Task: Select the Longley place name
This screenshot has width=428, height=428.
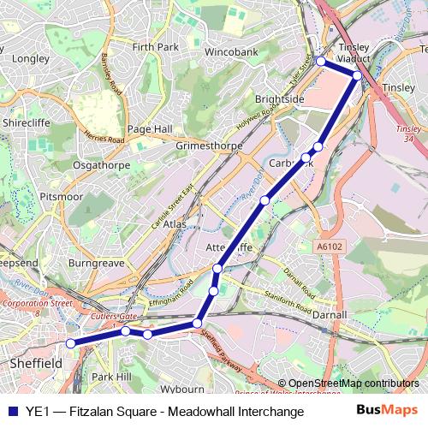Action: click(x=31, y=59)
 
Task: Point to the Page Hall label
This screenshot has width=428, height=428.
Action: click(x=150, y=128)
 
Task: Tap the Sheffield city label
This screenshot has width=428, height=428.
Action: click(x=35, y=364)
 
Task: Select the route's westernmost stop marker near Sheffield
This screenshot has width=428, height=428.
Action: click(x=71, y=343)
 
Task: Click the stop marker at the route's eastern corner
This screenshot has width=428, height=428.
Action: click(x=358, y=76)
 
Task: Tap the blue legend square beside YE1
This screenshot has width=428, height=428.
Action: click(x=12, y=412)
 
